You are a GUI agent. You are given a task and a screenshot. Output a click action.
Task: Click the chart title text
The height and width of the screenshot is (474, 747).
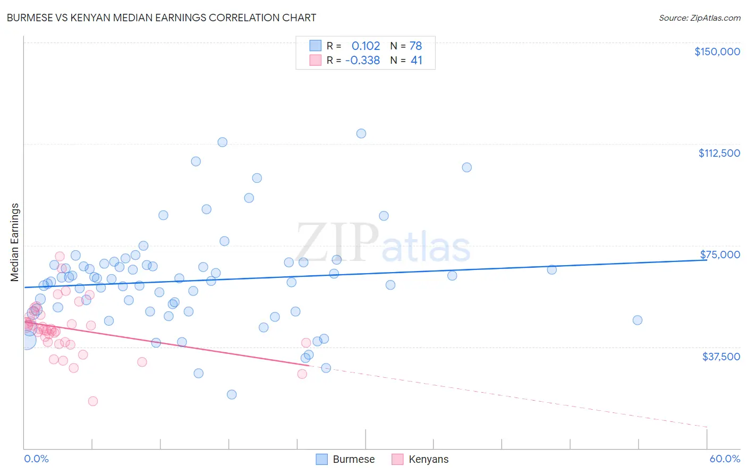(x=162, y=18)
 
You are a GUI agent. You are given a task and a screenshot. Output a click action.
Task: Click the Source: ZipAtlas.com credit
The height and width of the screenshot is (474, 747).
(x=699, y=18)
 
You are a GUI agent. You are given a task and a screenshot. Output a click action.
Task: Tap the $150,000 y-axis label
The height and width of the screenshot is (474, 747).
(x=717, y=52)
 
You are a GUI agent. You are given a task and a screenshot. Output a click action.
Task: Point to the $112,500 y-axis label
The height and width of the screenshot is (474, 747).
(x=719, y=153)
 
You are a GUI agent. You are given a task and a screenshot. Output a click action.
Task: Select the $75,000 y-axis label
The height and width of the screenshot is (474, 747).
(x=720, y=255)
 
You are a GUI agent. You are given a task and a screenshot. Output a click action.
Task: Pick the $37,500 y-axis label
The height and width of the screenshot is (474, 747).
(x=721, y=356)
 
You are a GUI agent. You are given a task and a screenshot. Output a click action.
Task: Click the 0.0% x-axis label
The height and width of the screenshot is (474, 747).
(x=36, y=459)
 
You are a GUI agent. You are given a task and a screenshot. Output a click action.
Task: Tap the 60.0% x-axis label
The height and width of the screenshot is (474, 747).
(x=725, y=459)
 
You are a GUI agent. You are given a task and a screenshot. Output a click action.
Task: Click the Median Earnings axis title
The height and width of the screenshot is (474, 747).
(x=15, y=242)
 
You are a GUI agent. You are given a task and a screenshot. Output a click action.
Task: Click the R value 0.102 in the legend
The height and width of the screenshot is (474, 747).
(x=366, y=46)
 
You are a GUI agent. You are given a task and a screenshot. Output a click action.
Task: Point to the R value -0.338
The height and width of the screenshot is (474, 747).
(x=362, y=61)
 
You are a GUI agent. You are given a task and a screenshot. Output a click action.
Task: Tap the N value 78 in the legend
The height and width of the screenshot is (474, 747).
(x=415, y=46)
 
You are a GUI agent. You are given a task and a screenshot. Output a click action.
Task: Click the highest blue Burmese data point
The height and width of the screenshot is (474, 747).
(x=361, y=133)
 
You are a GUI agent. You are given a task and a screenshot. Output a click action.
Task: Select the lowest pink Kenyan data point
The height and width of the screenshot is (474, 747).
(x=93, y=401)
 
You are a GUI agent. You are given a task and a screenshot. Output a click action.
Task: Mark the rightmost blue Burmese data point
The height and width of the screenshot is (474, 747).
(x=638, y=320)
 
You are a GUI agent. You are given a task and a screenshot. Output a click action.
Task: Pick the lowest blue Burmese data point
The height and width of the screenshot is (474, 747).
(x=232, y=394)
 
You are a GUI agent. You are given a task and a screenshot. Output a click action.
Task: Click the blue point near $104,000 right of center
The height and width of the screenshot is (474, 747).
(x=466, y=167)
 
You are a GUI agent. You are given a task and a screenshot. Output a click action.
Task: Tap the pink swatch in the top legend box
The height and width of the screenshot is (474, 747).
(x=316, y=61)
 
